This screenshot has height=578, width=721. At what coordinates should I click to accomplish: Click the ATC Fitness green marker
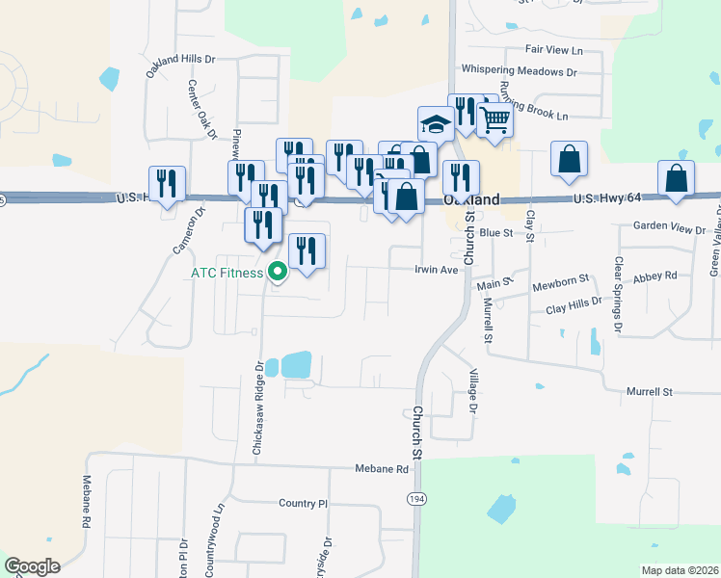[278, 273]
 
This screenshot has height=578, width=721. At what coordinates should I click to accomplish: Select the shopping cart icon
[494, 120]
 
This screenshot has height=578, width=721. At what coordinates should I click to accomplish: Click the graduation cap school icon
[436, 124]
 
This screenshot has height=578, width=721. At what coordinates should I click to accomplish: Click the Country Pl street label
[304, 504]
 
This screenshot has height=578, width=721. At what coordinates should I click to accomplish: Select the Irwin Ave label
[436, 270]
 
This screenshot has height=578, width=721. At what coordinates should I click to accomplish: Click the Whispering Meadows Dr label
[519, 70]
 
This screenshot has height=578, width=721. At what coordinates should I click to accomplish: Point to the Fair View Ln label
[555, 49]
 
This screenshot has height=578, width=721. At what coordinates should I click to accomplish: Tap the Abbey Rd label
[658, 276]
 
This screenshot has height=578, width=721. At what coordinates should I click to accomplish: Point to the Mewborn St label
[560, 281]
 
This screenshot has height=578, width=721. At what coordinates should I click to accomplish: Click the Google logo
[32, 565]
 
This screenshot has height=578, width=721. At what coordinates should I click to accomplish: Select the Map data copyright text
[680, 570]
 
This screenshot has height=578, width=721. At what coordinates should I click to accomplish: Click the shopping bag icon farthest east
[677, 178]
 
